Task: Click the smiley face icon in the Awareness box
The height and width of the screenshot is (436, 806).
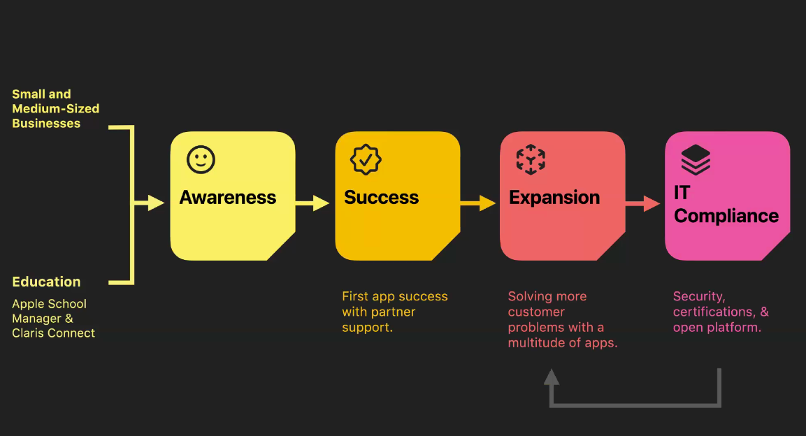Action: (201, 160)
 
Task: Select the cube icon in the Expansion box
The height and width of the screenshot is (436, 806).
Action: (531, 160)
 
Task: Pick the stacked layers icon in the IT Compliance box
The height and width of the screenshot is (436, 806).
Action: (696, 160)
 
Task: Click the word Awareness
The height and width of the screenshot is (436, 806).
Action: (228, 198)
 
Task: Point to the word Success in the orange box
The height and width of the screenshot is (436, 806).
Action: (381, 198)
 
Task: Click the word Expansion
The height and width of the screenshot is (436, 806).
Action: (554, 198)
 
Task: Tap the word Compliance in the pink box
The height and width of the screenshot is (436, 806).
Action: (726, 216)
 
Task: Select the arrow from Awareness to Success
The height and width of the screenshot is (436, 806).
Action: (312, 203)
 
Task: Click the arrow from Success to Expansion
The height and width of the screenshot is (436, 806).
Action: (478, 203)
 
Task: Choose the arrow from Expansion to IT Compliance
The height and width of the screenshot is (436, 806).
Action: (642, 203)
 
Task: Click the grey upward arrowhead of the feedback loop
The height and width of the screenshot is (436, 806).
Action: (552, 377)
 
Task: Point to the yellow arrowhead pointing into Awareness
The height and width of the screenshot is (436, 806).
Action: (157, 203)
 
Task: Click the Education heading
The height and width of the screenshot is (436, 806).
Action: (46, 282)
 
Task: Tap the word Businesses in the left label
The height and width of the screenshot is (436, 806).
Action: (46, 124)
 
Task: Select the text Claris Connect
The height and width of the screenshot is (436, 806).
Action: (53, 333)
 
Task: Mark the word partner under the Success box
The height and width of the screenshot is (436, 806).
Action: (394, 312)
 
